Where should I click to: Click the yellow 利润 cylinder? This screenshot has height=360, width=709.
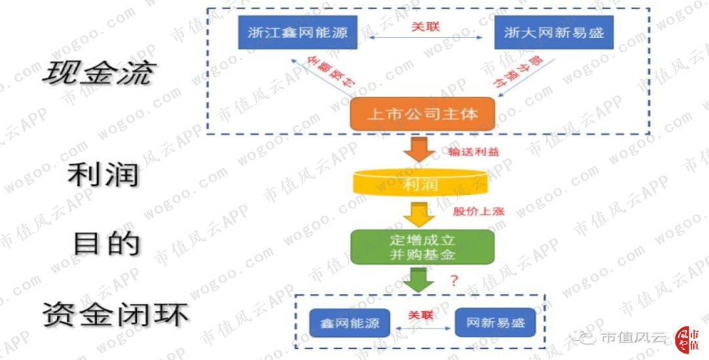[x=421, y=184]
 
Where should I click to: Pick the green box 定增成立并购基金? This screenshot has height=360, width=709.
[x=421, y=247]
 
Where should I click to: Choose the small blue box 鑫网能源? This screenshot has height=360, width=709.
[x=349, y=323]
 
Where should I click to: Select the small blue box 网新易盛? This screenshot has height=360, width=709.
[x=496, y=323]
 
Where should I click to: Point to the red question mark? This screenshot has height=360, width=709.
[x=452, y=281]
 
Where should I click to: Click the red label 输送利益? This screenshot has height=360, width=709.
[x=473, y=152]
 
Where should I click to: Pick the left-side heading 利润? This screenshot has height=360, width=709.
[x=104, y=175]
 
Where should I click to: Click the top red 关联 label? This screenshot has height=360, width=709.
[x=425, y=27]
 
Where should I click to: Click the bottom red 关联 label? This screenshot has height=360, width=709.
[x=421, y=315]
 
